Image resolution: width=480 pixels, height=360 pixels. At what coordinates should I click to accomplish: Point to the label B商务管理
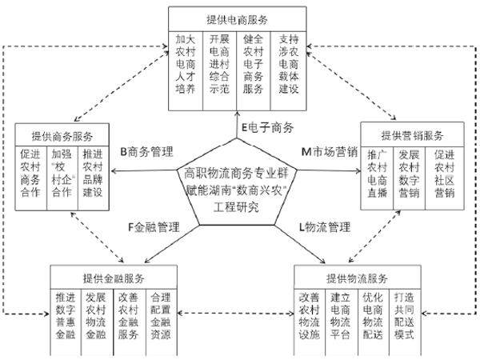(x=146, y=150)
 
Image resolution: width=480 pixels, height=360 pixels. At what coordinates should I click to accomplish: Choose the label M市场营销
(x=326, y=150)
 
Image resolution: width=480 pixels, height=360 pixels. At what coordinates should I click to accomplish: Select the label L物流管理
(x=324, y=226)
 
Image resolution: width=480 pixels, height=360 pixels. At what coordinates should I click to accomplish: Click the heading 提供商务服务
(x=63, y=133)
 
